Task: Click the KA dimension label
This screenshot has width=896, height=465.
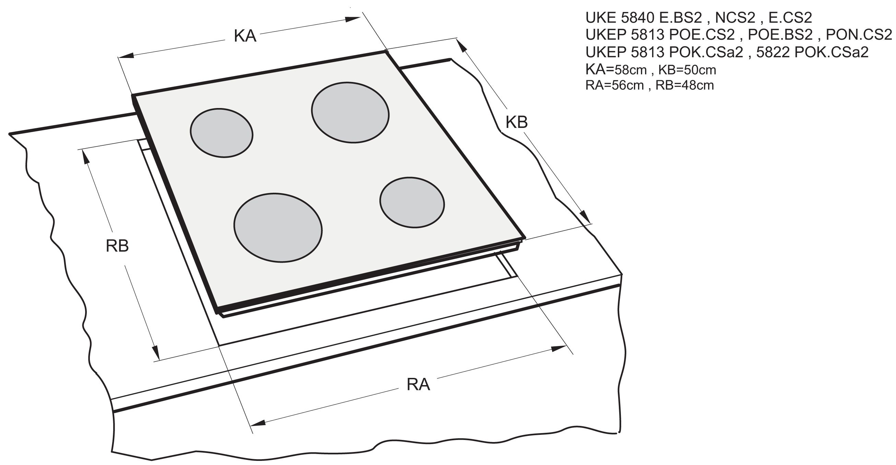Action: (x=245, y=36)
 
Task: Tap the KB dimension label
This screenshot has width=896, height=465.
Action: (x=517, y=122)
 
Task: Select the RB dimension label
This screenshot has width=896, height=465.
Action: (x=117, y=246)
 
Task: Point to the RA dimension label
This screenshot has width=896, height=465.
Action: (x=418, y=385)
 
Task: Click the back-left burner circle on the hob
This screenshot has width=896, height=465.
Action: (x=222, y=132)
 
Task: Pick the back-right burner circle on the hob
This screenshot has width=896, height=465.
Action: (x=350, y=112)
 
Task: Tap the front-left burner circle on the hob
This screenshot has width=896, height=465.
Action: (x=278, y=227)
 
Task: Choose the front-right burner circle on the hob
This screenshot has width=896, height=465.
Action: (x=412, y=202)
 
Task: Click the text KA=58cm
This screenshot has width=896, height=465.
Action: (x=616, y=70)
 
